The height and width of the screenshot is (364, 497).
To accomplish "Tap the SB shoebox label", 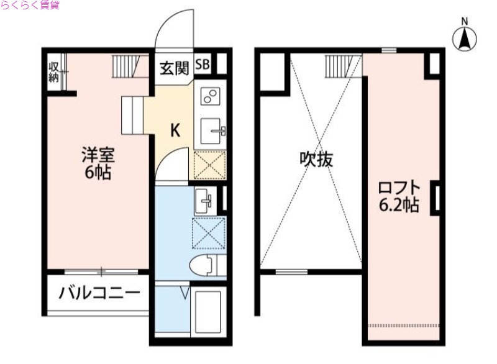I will coord(203,64).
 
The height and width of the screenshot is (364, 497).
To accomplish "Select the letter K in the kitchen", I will coord(176,130).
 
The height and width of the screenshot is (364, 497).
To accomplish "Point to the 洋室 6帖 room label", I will coord(98,163).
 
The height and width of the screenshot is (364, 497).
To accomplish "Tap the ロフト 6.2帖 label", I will coord(399,196).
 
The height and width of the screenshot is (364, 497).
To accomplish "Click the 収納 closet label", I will coord(54,72).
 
